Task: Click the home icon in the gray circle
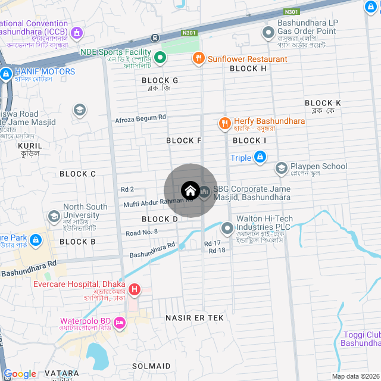[190, 190]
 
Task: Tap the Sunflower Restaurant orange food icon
[198, 58]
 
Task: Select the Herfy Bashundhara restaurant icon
[224, 124]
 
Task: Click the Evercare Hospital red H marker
[135, 290]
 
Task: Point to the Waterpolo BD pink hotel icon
[120, 323]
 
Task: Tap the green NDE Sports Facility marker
[160, 58]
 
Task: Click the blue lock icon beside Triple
[260, 158]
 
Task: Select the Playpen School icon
[281, 169]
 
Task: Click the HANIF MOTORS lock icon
[6, 74]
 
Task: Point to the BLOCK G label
[160, 80]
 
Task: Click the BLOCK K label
[323, 103]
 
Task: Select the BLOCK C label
[77, 174]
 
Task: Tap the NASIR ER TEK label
[195, 318]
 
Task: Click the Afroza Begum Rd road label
[140, 118]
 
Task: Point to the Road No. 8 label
[142, 232]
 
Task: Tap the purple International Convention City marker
[76, 32]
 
